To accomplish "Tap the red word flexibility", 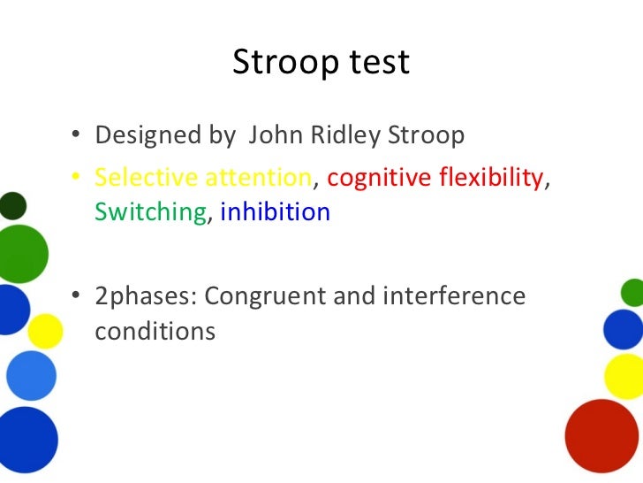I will pyautogui.click(x=489, y=178).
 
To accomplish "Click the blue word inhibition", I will pyautogui.click(x=275, y=212).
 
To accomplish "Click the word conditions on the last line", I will pyautogui.click(x=155, y=331).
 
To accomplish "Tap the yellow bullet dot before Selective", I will pyautogui.click(x=79, y=178).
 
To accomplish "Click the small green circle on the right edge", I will pyautogui.click(x=632, y=292).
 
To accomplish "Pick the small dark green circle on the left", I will pyautogui.click(x=12, y=206).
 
